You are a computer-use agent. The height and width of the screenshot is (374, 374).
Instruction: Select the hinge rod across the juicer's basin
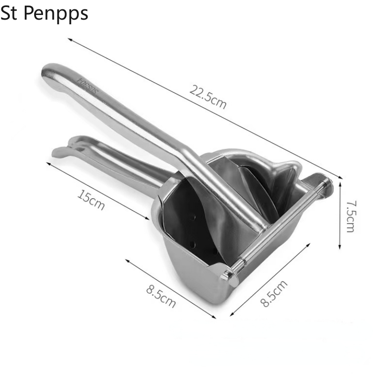point(280,224)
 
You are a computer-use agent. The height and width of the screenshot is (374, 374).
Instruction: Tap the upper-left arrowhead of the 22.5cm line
point(69,39)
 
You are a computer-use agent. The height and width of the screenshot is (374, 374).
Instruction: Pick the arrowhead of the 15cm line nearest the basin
point(148,218)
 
